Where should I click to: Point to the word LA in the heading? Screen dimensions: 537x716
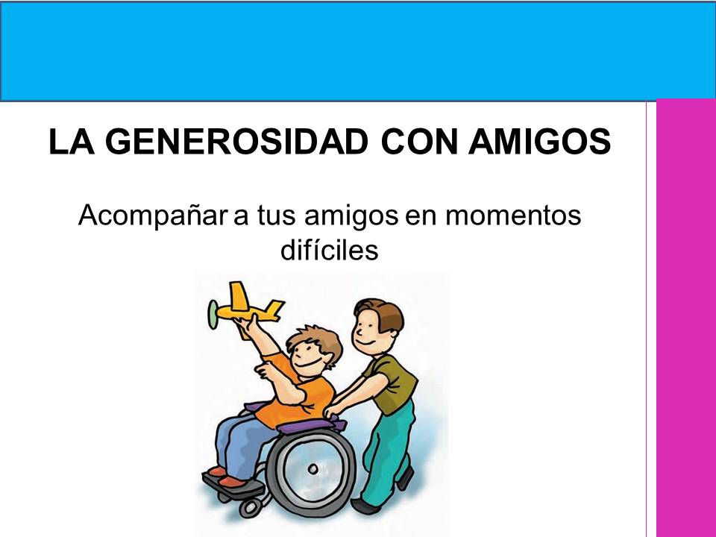[x=66, y=141]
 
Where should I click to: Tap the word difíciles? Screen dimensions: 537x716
[x=329, y=251]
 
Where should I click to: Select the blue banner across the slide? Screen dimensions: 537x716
[x=358, y=50]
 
